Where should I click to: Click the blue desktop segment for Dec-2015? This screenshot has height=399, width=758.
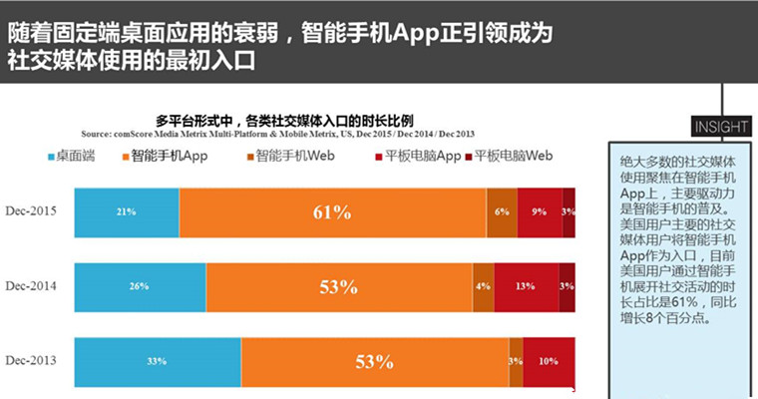coord(127,211)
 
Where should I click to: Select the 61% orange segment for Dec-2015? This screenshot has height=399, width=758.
coord(332,211)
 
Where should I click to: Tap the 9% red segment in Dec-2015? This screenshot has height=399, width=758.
coord(540,211)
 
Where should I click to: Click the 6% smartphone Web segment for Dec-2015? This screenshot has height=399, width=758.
coord(502,211)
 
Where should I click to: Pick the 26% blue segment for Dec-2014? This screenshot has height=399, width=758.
coord(140,287)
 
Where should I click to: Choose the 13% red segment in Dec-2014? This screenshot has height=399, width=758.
coord(526,287)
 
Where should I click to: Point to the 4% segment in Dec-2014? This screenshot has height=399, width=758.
coord(483,287)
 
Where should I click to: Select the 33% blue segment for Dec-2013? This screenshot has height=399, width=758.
coord(158,361)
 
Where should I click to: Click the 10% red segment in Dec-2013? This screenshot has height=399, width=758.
coord(550,361)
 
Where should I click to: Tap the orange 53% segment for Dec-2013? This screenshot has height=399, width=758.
coord(375,361)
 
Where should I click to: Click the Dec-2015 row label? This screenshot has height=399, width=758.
coord(30,211)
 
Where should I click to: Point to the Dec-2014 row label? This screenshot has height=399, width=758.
coord(30,286)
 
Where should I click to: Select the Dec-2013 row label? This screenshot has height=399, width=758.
coord(30,360)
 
